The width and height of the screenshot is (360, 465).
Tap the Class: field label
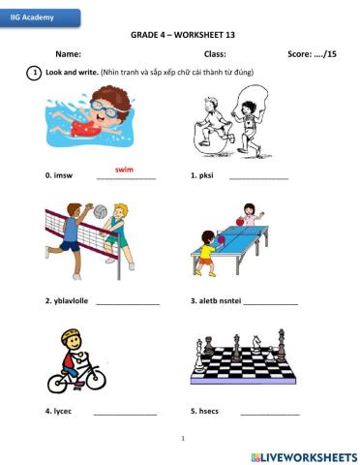[x=215, y=54]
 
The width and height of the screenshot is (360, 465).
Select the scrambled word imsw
[x=62, y=177]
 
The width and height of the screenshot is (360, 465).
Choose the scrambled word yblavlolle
[x=67, y=301]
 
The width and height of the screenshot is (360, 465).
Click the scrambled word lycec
[x=59, y=412]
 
